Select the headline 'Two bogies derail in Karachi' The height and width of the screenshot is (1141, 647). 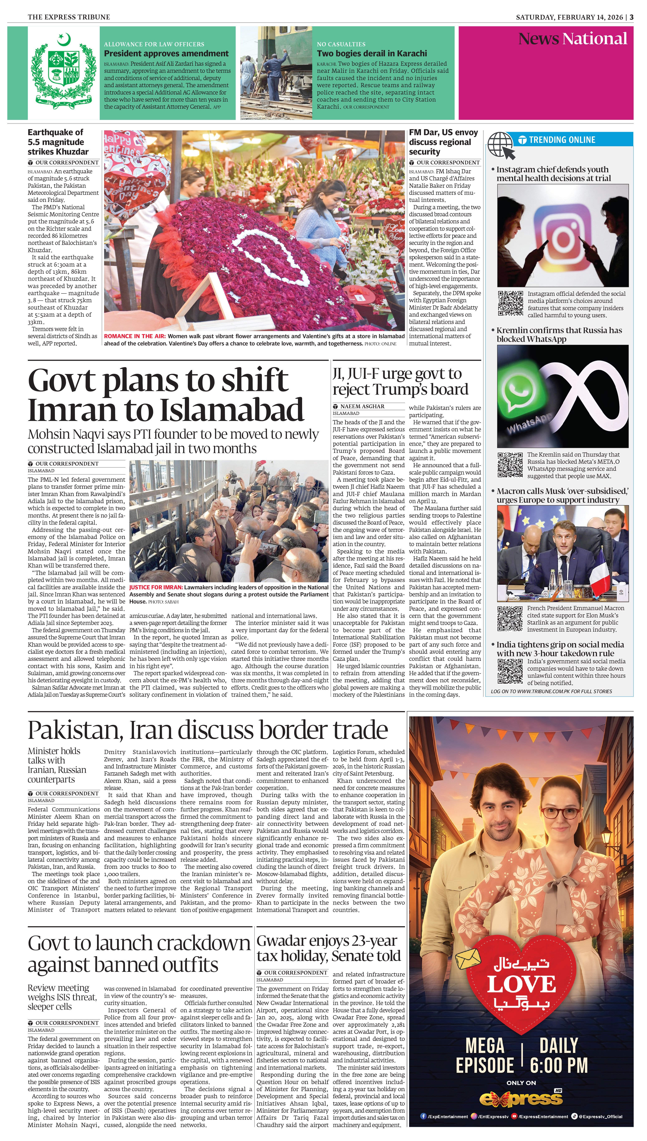[372, 53]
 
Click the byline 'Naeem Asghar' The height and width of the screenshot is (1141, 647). [362, 406]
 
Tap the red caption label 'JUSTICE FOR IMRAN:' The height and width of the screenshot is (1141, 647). [156, 587]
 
